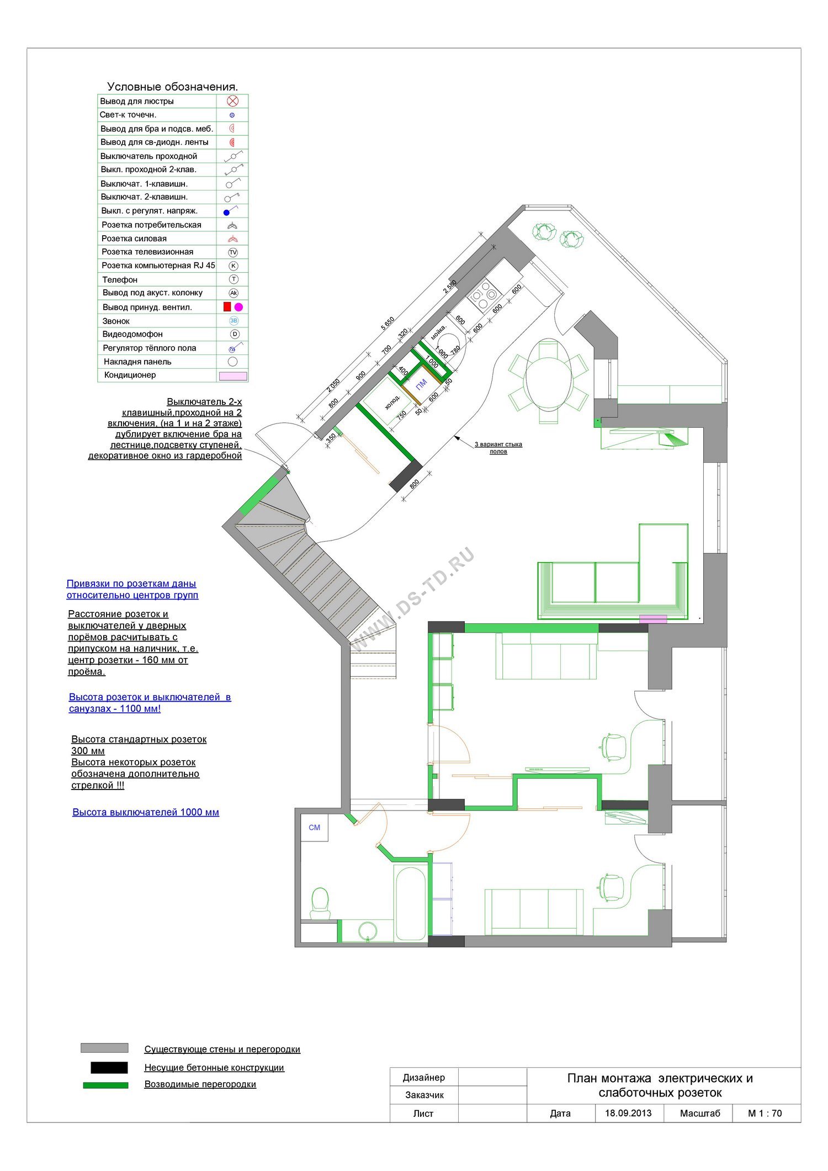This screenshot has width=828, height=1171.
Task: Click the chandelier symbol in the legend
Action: point(232,101)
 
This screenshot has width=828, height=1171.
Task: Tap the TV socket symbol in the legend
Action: point(233,252)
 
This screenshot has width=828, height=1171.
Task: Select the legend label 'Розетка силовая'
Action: point(134,239)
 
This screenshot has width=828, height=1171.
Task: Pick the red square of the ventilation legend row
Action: point(227,306)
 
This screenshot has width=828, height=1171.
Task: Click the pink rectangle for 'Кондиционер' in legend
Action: point(233,376)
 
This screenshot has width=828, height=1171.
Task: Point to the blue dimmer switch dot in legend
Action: point(226,213)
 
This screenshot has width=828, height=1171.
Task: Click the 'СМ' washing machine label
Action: point(315,827)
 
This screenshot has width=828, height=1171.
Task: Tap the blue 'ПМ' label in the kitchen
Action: point(421,385)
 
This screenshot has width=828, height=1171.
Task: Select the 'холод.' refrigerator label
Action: point(392,402)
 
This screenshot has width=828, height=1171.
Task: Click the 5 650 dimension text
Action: point(388,324)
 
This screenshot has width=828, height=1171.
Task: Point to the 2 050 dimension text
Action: point(333,385)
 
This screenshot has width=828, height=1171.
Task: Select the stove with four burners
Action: point(484,295)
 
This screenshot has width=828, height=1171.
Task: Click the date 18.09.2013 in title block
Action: point(628,1113)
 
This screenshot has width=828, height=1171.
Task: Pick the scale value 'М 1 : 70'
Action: point(765,1113)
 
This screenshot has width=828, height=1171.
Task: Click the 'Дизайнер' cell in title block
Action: point(424,1077)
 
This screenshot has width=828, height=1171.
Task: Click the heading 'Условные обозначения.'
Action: point(173,87)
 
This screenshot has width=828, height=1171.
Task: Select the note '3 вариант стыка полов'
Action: point(498,448)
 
